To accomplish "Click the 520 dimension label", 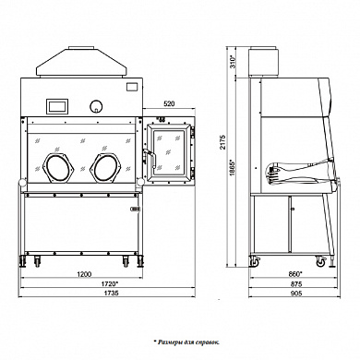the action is [x=169, y=104].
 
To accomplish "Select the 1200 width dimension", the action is [x=84, y=274].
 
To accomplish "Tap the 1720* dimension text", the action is [x=110, y=283].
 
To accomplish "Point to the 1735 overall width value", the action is [x=112, y=293].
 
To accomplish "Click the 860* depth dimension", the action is [x=295, y=273].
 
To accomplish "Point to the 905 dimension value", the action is [x=296, y=294].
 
